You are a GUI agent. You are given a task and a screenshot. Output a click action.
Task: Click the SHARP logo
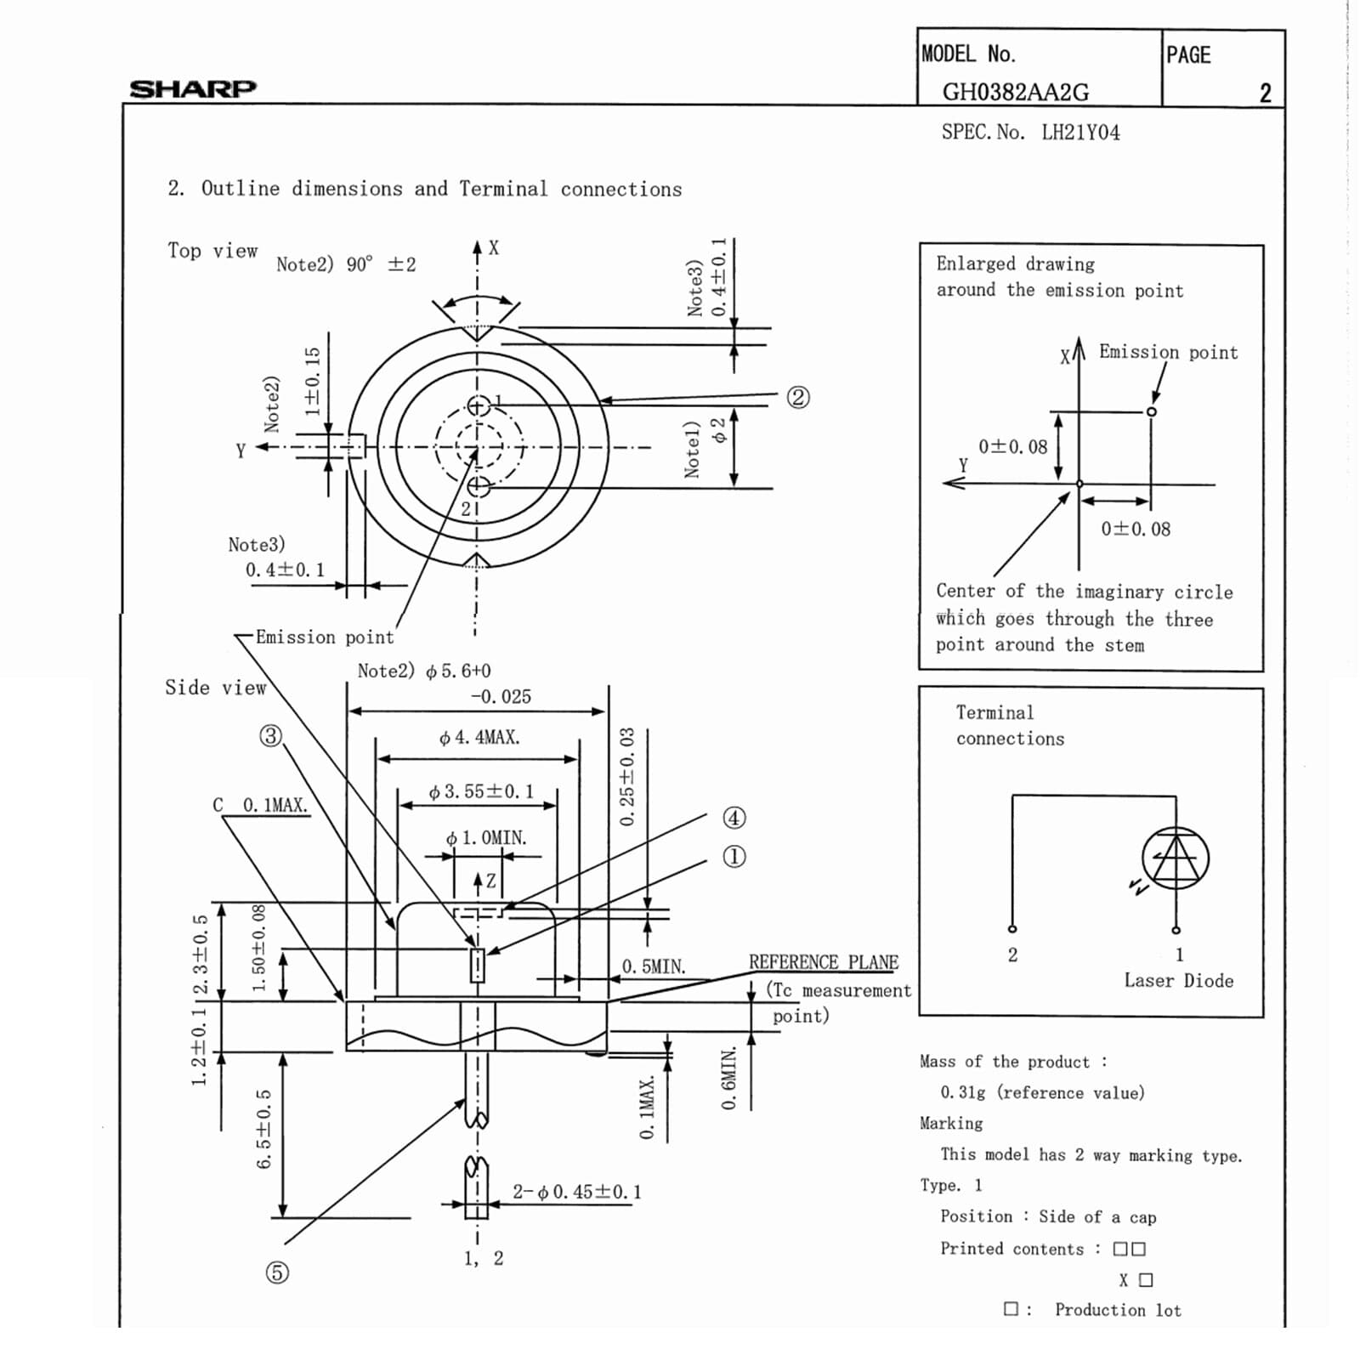pyautogui.click(x=192, y=88)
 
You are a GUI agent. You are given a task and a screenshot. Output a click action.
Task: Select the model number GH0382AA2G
pyautogui.click(x=1015, y=92)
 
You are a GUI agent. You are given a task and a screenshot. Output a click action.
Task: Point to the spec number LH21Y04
pyautogui.click(x=1080, y=133)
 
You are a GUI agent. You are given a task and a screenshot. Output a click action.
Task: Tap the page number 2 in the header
pyautogui.click(x=1265, y=93)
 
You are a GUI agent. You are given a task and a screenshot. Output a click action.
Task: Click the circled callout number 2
pyautogui.click(x=797, y=397)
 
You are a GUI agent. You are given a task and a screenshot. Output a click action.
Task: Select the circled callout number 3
pyautogui.click(x=270, y=735)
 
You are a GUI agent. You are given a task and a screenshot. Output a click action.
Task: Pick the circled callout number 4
pyautogui.click(x=734, y=818)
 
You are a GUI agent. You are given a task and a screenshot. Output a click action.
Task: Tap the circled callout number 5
pyautogui.click(x=277, y=1272)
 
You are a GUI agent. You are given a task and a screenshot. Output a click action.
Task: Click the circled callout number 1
pyautogui.click(x=734, y=857)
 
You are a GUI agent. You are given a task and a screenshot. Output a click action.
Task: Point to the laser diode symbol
pyautogui.click(x=1176, y=858)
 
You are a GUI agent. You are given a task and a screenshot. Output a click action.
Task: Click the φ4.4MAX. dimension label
pyautogui.click(x=479, y=738)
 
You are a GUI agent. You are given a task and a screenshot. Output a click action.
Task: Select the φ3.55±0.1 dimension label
pyautogui.click(x=481, y=792)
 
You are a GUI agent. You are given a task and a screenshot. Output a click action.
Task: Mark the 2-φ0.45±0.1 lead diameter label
pyautogui.click(x=576, y=1192)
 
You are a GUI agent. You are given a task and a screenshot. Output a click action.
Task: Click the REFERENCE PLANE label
pyautogui.click(x=823, y=962)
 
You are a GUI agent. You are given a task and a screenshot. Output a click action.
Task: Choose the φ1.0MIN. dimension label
pyautogui.click(x=486, y=838)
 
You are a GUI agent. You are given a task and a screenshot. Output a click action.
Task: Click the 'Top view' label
pyautogui.click(x=212, y=251)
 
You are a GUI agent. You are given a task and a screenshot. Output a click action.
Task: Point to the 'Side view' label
pyautogui.click(x=215, y=688)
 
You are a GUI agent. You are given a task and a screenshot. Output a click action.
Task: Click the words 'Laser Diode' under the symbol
pyautogui.click(x=1178, y=981)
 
